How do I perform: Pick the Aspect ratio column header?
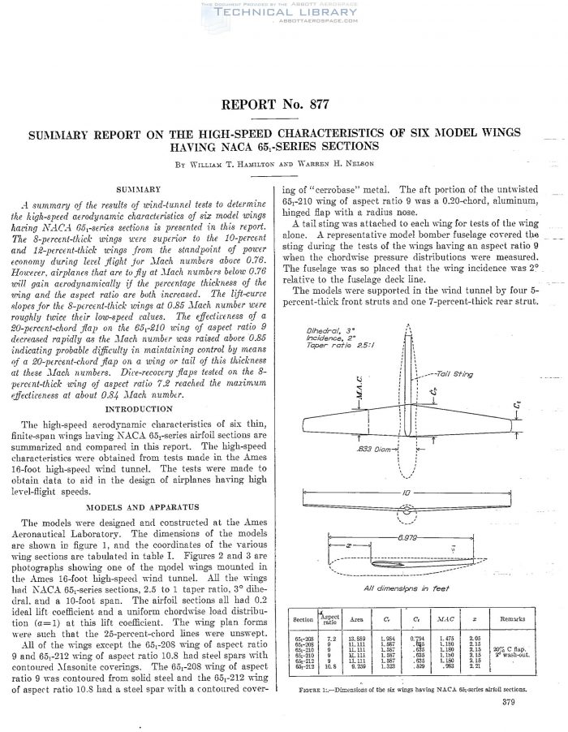pos(330,618)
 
